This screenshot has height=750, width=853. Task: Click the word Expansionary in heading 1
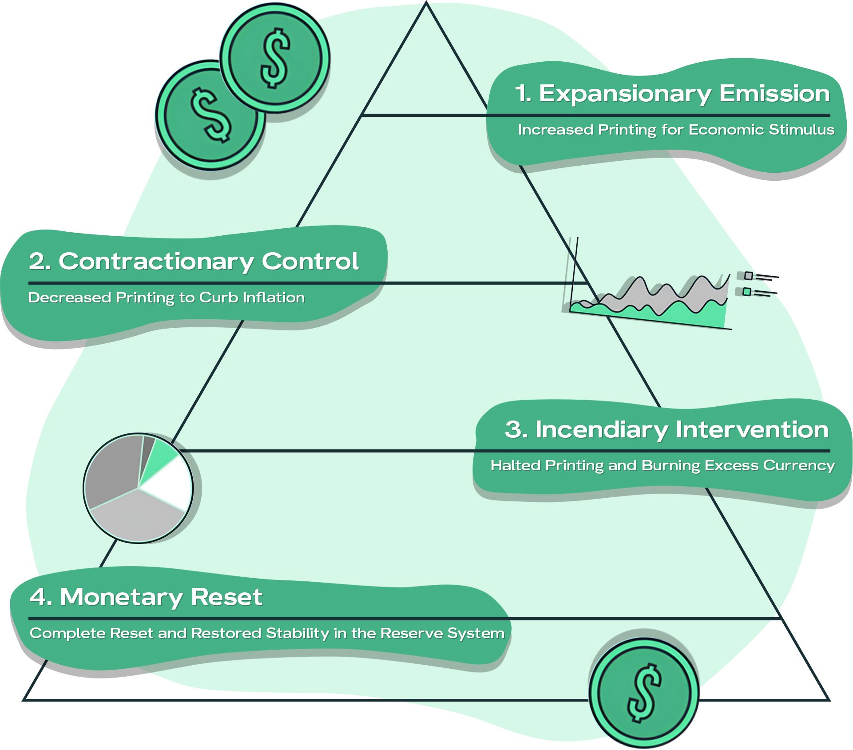click(625, 94)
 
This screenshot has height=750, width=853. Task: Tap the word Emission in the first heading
click(774, 94)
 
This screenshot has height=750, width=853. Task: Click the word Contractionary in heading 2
click(156, 262)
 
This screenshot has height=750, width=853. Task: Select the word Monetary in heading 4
click(121, 597)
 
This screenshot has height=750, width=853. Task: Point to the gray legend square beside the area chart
click(748, 276)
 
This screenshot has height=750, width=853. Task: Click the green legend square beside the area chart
click(747, 292)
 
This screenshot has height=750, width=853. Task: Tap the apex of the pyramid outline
click(426, 4)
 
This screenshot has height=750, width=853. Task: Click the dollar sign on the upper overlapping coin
click(275, 58)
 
